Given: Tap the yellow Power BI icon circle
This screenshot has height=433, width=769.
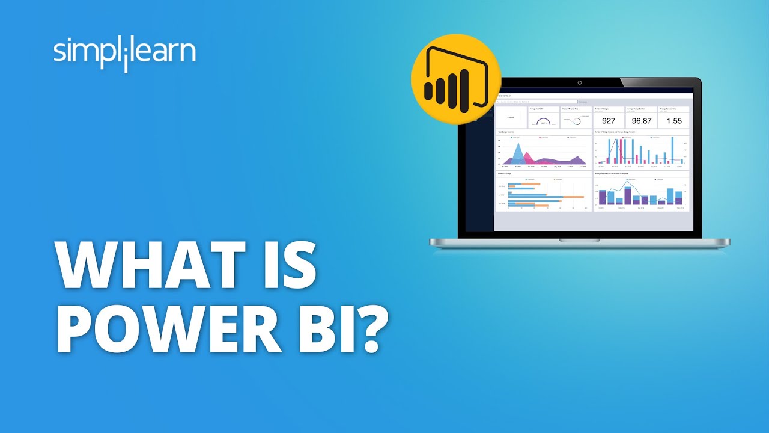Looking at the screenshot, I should [455, 79].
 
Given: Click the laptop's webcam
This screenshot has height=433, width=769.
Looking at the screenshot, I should [579, 82].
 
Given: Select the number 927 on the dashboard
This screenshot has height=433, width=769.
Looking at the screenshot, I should [609, 121].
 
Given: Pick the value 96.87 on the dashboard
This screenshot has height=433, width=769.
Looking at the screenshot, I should [641, 121].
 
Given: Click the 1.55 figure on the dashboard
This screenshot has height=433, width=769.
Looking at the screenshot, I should [674, 121].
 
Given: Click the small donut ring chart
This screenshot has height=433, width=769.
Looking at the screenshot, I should [577, 121].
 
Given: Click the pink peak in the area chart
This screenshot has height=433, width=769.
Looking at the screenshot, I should [528, 158].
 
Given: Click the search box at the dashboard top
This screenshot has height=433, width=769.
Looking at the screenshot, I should [536, 102].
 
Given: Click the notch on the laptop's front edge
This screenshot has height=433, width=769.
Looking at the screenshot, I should [579, 239].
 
